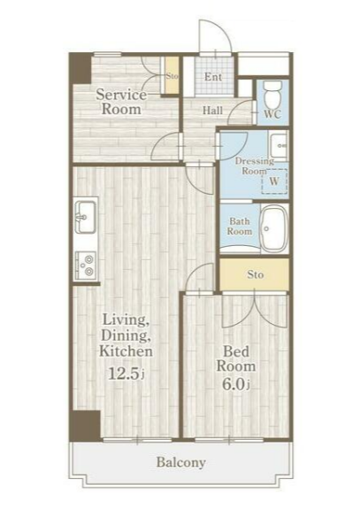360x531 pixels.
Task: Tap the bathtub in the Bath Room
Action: pos(273,228)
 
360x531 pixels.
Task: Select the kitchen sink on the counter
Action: pos(85,217)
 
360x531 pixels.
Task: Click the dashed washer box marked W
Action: pos(275,181)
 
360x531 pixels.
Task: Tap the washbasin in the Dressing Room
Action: pos(279,145)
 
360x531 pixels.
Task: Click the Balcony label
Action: pos(181,462)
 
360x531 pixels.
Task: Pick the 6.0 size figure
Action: pos(236,384)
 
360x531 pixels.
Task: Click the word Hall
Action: pos(212,111)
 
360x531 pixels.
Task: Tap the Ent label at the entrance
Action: pos(213,77)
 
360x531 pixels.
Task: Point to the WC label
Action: pos(272,114)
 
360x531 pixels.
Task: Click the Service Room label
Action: pos(121,102)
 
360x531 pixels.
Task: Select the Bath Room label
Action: pos(240,227)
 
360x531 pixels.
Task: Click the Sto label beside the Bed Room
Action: pos(255,274)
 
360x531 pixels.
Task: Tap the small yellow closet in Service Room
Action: pos(172,75)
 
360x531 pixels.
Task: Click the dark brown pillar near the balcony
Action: pos(86,426)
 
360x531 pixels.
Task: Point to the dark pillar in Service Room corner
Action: pos(80,68)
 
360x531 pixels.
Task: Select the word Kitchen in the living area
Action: pos(126,351)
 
